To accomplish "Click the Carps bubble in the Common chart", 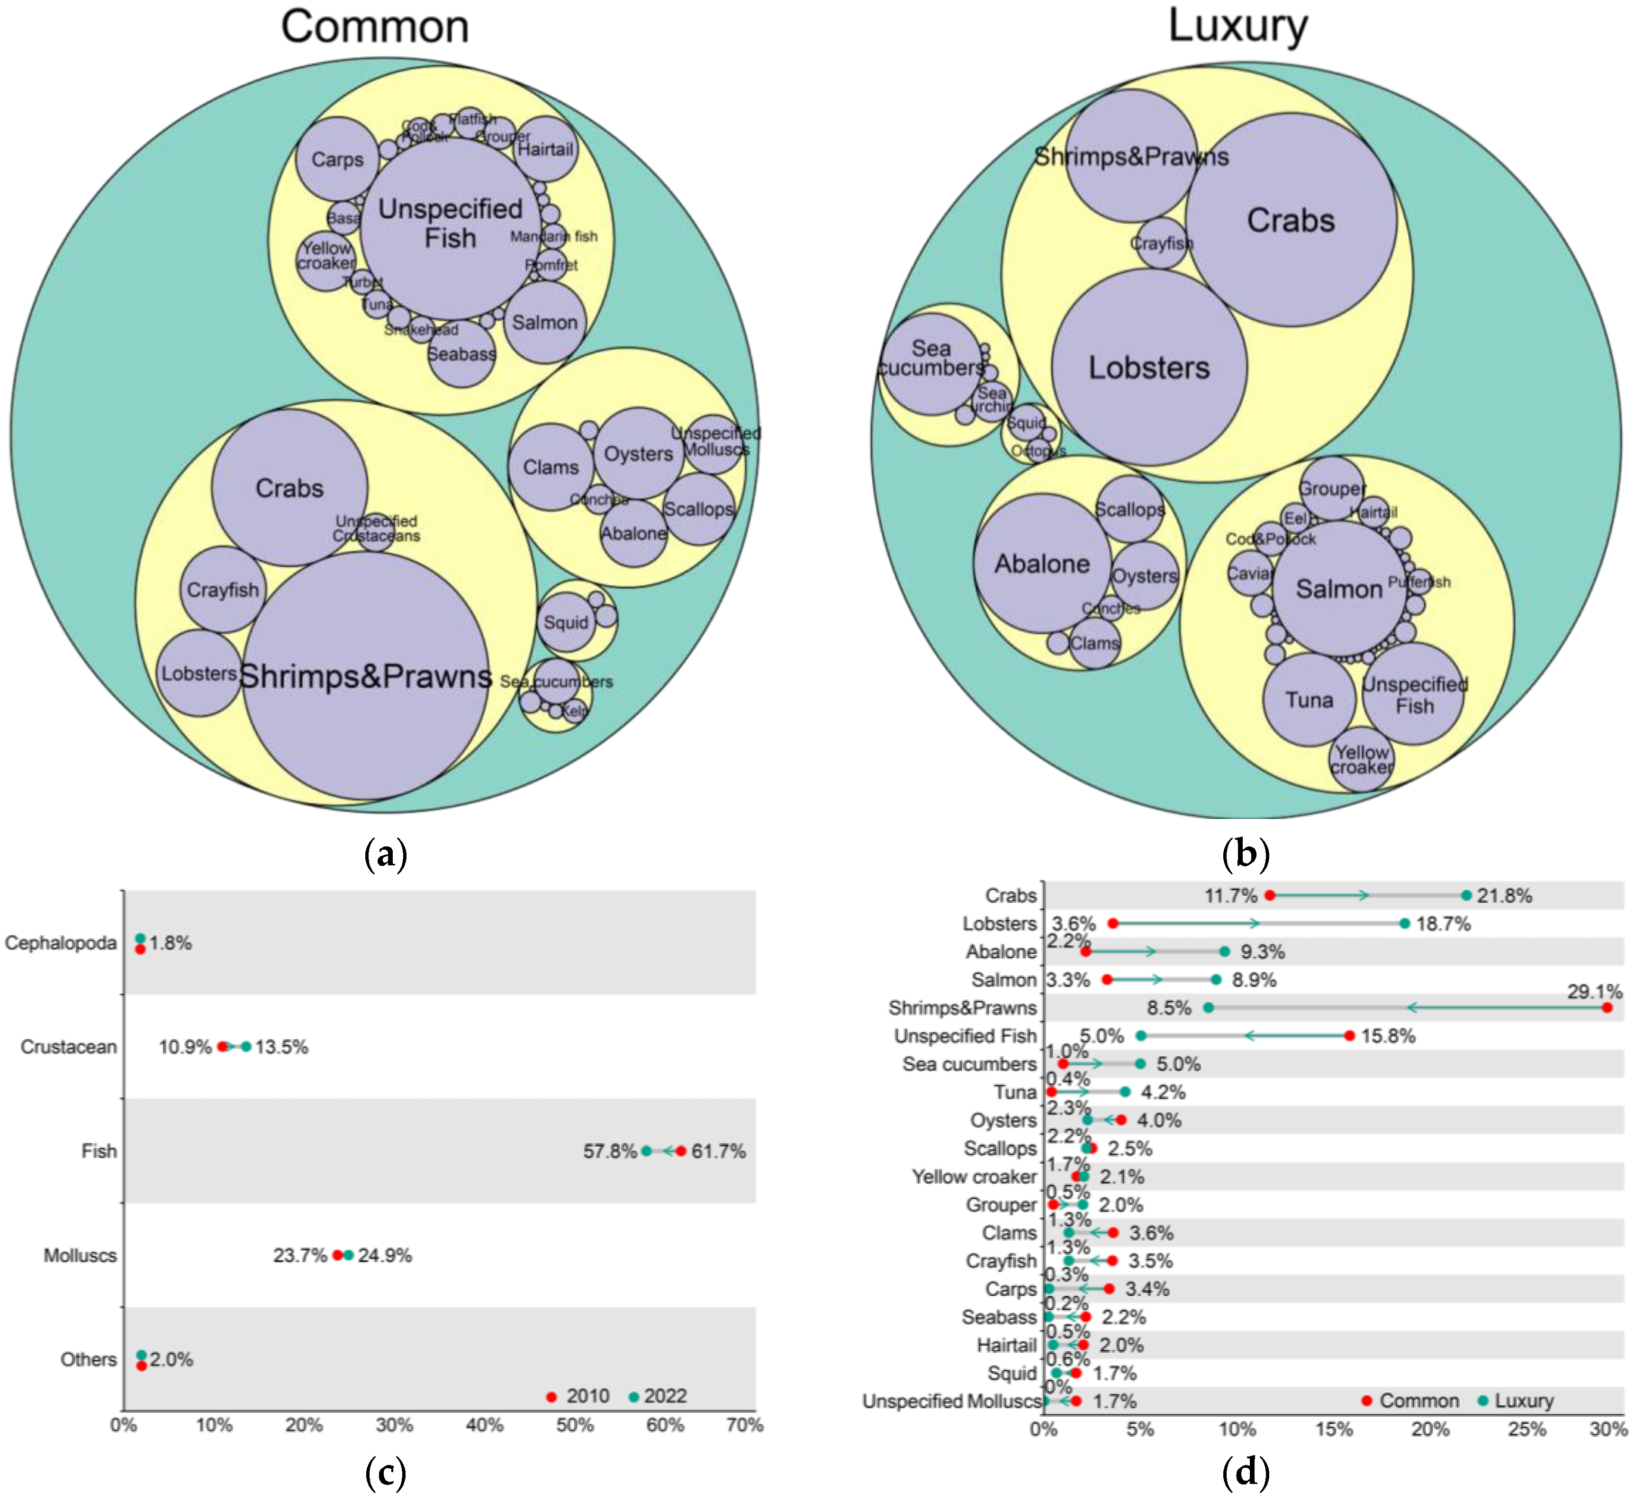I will pos(337,159).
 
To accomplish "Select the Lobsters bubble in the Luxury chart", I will pos(1149,368).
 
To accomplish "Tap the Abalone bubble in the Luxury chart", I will pos(1042,563).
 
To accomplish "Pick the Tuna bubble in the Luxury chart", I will pos(1309,700).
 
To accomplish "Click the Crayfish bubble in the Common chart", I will pos(223,590).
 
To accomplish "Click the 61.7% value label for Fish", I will pos(718,1151).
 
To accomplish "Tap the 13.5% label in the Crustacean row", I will pos(281,1047).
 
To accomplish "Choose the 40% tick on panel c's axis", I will pos(484,1425).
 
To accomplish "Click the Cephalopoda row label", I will pos(61,944).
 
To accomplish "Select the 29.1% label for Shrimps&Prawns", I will pos(1594,991).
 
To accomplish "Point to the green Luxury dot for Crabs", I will pos(1466,895).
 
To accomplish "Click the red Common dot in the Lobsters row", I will pos(1112,924).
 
